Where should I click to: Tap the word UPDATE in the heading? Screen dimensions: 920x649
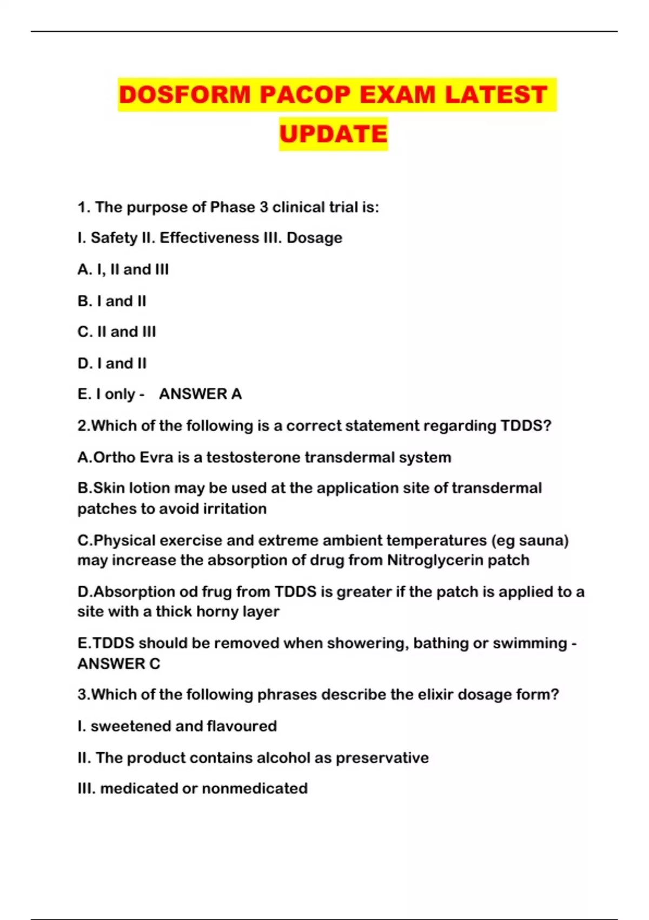[x=333, y=134]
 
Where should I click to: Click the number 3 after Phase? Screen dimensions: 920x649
[x=263, y=207]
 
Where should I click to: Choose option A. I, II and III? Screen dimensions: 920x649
[x=123, y=270]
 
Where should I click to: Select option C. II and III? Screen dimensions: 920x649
[x=117, y=332]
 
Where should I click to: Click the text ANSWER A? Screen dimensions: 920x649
[x=200, y=394]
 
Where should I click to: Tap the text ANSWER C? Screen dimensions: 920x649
[x=119, y=664]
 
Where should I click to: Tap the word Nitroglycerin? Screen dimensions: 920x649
[x=435, y=560]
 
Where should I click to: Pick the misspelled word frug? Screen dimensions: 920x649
[x=217, y=592]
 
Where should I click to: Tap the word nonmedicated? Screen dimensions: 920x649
[x=255, y=788]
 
